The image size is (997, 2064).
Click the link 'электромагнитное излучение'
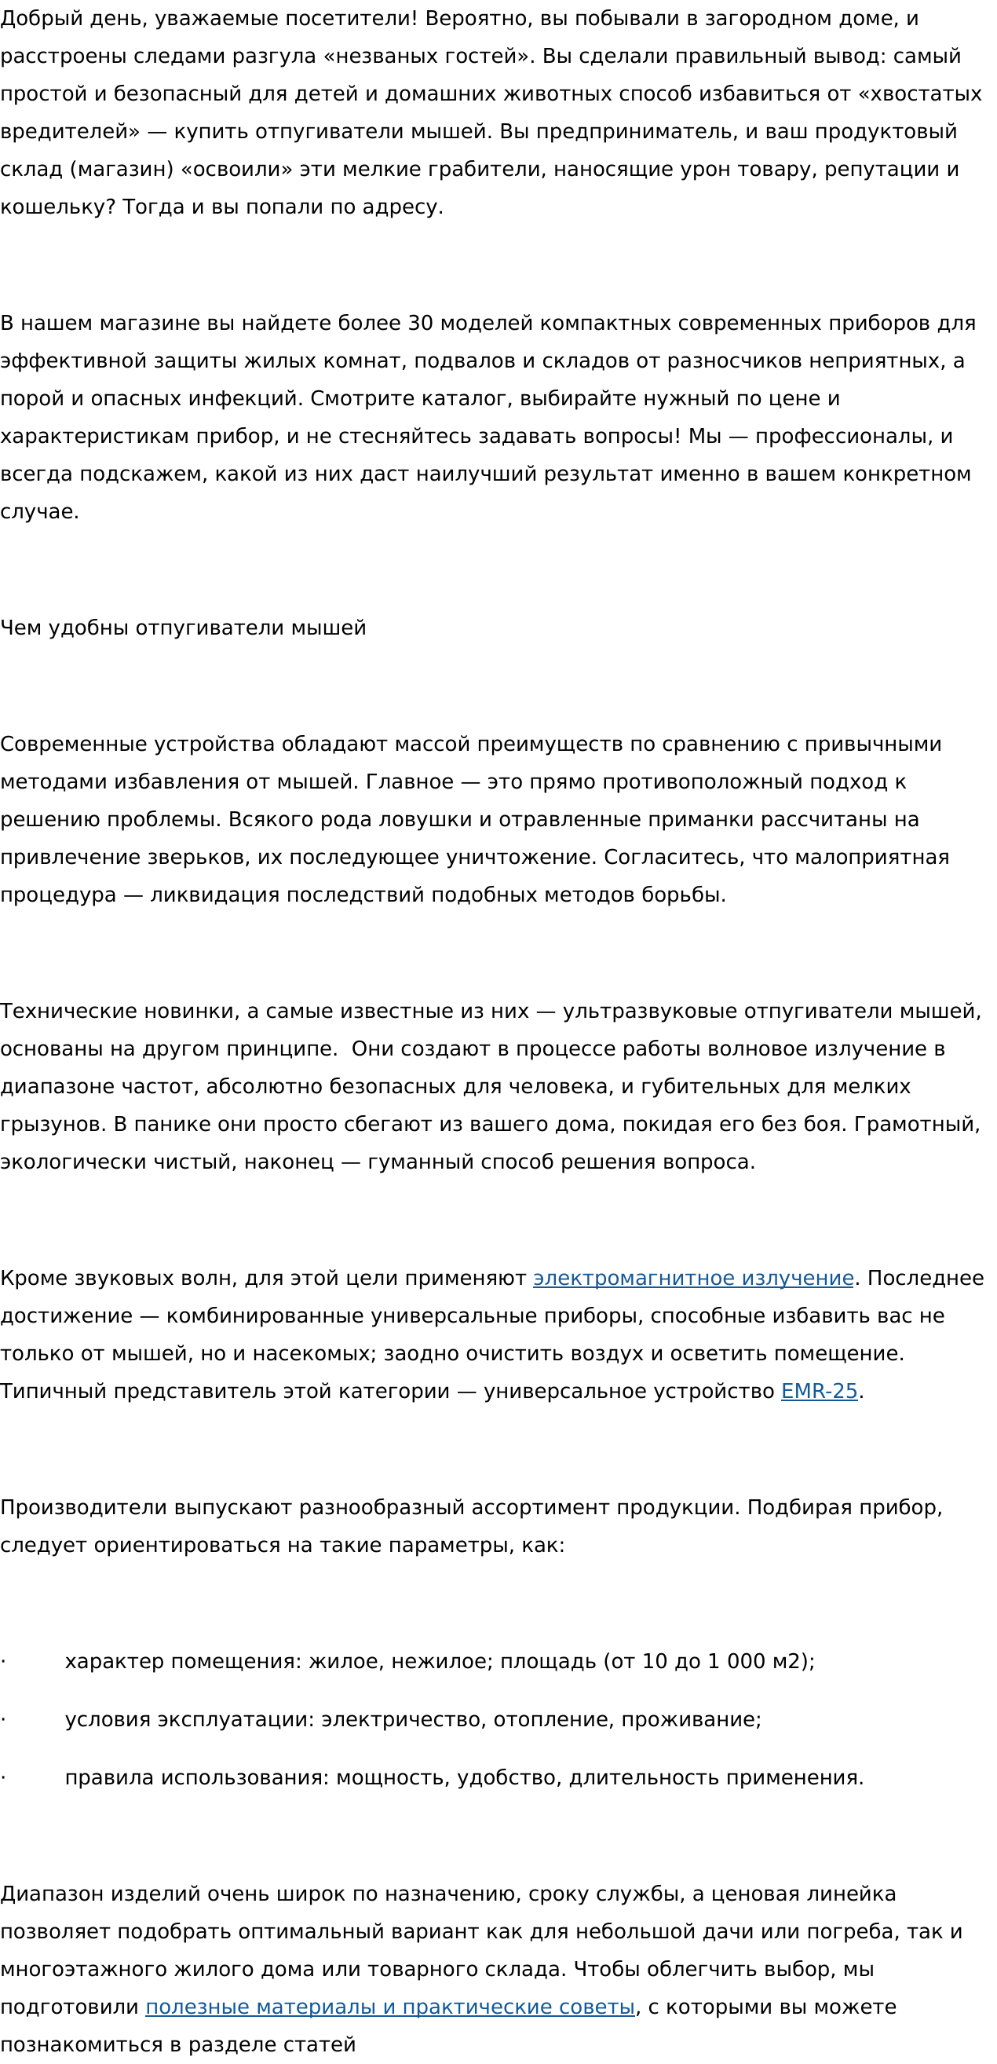pos(693,1278)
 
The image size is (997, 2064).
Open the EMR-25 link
pos(820,1391)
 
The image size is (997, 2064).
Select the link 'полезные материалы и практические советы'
pos(390,2007)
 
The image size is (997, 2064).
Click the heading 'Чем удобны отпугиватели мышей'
pos(184,628)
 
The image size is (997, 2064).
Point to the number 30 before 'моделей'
pos(421,323)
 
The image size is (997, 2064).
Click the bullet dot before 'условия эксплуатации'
pos(3,1719)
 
